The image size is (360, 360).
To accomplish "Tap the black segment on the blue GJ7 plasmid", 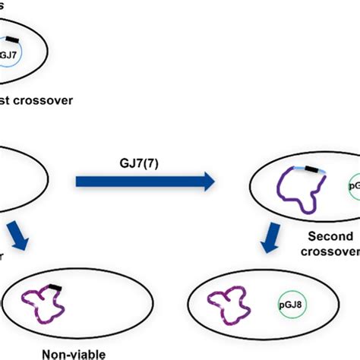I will click(x=14, y=38).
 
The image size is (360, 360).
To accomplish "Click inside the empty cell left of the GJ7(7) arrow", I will click(x=19, y=180).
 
